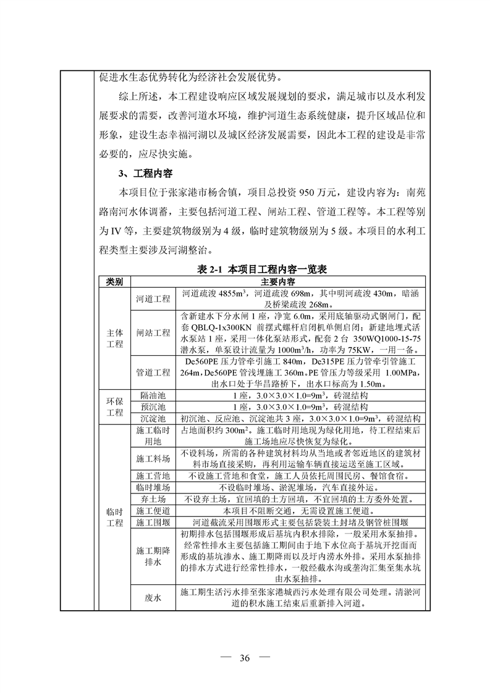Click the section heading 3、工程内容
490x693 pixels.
[135, 174]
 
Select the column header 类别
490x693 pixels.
[115, 282]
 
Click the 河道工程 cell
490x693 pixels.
[153, 298]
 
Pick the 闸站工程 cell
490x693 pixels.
[153, 333]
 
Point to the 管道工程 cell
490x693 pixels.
[153, 372]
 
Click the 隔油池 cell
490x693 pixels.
[153, 395]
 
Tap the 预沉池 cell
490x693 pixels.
[153, 407]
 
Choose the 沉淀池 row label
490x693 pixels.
[153, 419]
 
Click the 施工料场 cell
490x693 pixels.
[153, 459]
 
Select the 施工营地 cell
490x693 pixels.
[153, 476]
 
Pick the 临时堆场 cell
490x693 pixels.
[153, 487]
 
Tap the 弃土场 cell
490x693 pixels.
[153, 499]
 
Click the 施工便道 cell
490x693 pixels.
[153, 511]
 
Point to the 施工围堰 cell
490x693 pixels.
[153, 523]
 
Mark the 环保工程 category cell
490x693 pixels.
[115, 407]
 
